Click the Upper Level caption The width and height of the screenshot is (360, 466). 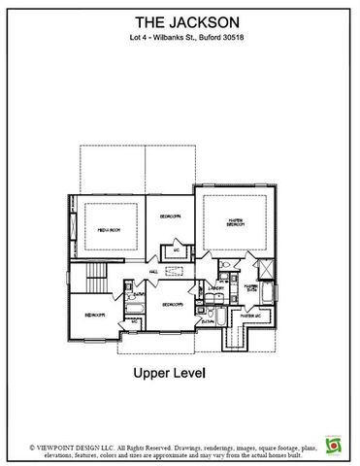point(180,372)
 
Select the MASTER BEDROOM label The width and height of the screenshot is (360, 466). point(233,221)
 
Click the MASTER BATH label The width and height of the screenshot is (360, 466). point(250,288)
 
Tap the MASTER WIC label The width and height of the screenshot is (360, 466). point(250,317)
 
